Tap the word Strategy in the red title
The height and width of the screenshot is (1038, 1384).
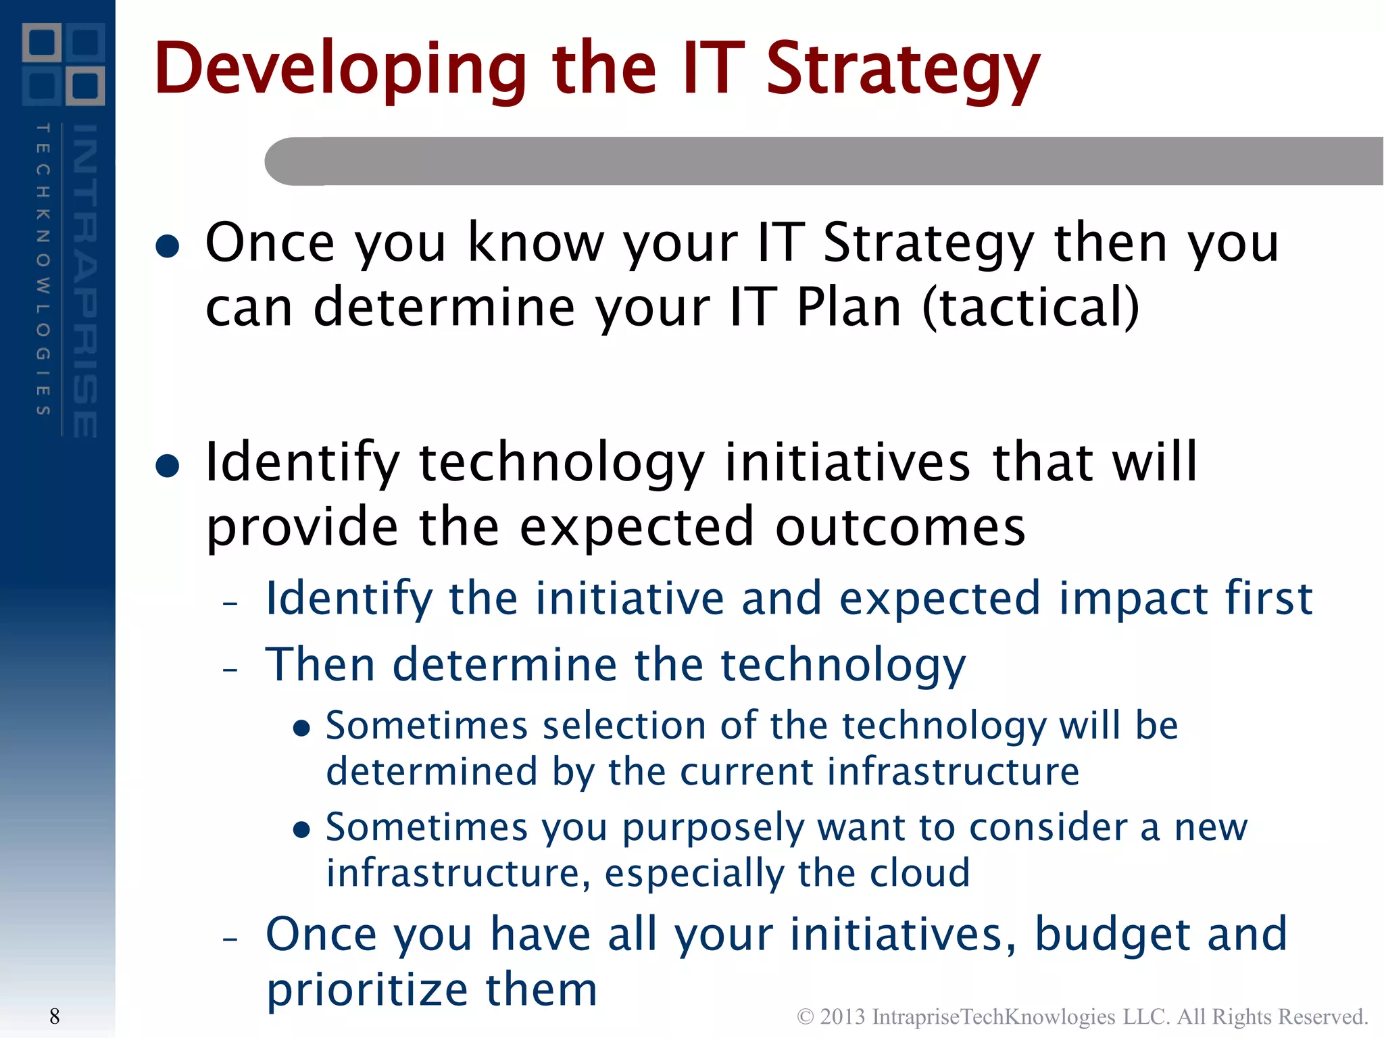pyautogui.click(x=903, y=69)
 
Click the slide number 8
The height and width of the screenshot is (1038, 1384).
pyautogui.click(x=55, y=1016)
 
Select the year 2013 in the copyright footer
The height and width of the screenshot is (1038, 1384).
pyautogui.click(x=842, y=1016)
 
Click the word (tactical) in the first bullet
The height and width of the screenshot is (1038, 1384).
pyautogui.click(x=1031, y=307)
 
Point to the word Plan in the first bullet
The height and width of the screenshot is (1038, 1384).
pyautogui.click(x=849, y=307)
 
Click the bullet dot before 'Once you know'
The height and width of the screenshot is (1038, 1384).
pyautogui.click(x=167, y=246)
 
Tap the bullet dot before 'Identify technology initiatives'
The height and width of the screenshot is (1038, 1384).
pyautogui.click(x=167, y=466)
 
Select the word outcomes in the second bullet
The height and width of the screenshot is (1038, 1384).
pyautogui.click(x=899, y=527)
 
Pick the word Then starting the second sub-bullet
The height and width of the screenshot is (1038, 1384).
pyautogui.click(x=320, y=664)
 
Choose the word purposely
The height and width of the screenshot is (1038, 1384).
pyautogui.click(x=712, y=829)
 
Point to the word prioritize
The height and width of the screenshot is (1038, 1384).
pyautogui.click(x=366, y=990)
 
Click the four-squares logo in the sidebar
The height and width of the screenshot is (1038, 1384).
pyautogui.click(x=64, y=64)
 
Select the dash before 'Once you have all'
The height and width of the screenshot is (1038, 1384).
pyautogui.click(x=230, y=939)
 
